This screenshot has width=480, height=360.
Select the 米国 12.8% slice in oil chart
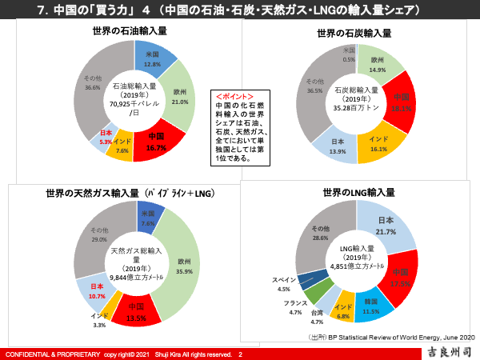(153, 58)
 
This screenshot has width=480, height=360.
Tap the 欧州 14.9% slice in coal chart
(378, 65)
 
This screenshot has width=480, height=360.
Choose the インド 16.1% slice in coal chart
(378, 144)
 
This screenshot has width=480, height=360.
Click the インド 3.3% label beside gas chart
(99, 321)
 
